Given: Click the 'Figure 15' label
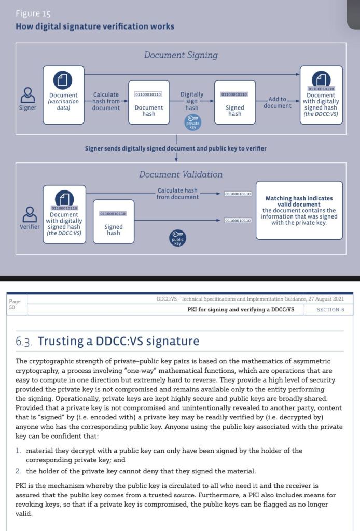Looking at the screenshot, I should coord(33,13).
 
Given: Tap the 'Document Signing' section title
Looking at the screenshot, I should coord(181,55).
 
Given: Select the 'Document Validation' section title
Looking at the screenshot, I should coord(181,174).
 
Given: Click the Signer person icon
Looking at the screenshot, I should coord(27,96).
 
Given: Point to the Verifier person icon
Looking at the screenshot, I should coord(30,214).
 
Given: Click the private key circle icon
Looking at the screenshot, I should coord(192,122).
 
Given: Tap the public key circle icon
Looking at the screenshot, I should coord(178,238).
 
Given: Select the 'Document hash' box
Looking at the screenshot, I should coord(149,102).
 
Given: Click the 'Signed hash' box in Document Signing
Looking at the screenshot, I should coord(234,102).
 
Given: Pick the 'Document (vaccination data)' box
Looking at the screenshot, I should coord(63,95).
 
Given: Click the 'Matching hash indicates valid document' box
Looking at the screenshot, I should coord(299,210).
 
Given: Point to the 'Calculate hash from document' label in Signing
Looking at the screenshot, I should coord(106,101).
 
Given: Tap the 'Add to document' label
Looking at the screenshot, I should coord(278,102).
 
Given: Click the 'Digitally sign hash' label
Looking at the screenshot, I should coord(192,101).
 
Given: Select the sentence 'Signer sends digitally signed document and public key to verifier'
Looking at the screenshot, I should coord(176,148).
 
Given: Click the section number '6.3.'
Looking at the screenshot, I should coord(24,342).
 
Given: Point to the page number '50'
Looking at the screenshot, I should coord(12,307).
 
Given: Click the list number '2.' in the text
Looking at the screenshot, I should coord(19,471).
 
